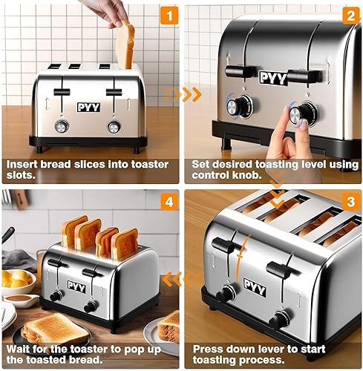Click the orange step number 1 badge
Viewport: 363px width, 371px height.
click(170, 15)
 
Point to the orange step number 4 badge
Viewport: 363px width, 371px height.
click(170, 202)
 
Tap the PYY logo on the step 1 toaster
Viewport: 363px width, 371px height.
click(88, 107)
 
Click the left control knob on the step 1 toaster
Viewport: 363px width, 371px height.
click(62, 126)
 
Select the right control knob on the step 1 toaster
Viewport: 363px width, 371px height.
click(114, 127)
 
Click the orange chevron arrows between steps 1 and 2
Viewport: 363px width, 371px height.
click(182, 94)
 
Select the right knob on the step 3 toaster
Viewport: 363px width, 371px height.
click(280, 319)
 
